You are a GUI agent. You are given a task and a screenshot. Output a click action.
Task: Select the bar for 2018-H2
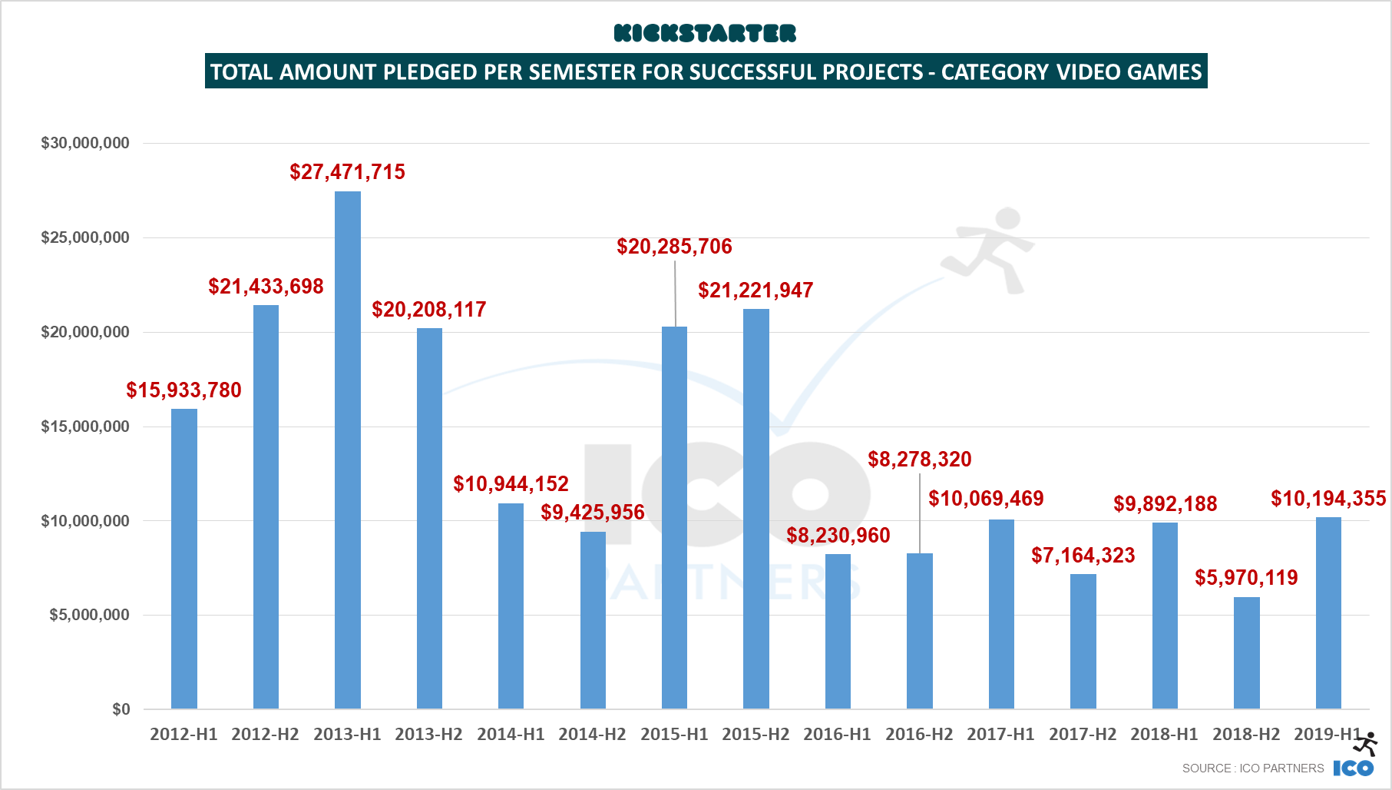click(x=1246, y=652)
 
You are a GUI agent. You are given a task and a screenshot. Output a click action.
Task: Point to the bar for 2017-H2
click(x=1083, y=641)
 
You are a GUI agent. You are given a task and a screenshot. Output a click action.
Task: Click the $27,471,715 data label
click(x=347, y=171)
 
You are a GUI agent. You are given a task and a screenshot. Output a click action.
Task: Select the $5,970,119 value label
click(x=1246, y=577)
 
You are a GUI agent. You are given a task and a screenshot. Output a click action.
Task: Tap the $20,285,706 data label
click(x=674, y=246)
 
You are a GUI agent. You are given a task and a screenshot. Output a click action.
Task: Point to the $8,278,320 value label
click(x=919, y=459)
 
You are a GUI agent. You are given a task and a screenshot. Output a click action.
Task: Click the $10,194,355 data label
click(x=1328, y=498)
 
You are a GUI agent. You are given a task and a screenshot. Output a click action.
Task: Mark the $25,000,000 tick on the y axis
click(x=85, y=237)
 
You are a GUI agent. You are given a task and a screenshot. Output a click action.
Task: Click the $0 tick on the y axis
click(x=121, y=709)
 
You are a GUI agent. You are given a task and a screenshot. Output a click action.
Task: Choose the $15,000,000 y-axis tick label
click(x=85, y=427)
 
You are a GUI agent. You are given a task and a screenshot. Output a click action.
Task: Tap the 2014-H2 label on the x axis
click(x=592, y=734)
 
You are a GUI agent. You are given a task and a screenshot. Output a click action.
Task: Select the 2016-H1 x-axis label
click(x=837, y=734)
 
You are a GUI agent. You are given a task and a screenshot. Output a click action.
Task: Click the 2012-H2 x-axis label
click(x=265, y=734)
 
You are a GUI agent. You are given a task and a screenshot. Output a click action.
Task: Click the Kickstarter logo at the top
click(x=705, y=33)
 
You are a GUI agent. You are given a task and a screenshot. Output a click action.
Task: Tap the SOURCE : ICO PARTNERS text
click(x=1252, y=768)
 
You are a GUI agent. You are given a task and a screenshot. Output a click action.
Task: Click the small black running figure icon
click(x=1366, y=744)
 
